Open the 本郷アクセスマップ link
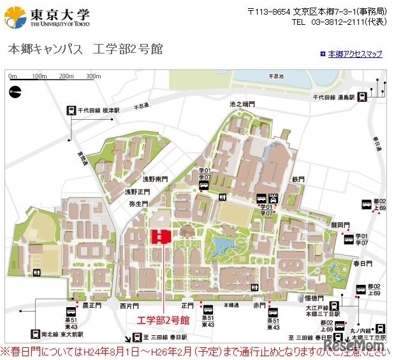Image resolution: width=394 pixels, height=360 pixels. click(x=355, y=54)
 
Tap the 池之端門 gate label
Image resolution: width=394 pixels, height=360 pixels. click(x=242, y=103)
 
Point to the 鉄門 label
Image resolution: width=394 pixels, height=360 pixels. click(x=299, y=179)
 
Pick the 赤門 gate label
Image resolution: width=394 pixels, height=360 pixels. click(x=259, y=306)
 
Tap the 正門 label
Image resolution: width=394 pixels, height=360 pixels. click(x=187, y=306)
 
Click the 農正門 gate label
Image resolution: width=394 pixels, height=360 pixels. click(x=92, y=306)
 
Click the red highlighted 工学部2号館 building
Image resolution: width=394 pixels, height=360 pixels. click(x=160, y=236)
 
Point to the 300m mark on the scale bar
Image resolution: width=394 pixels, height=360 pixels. click(x=94, y=76)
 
